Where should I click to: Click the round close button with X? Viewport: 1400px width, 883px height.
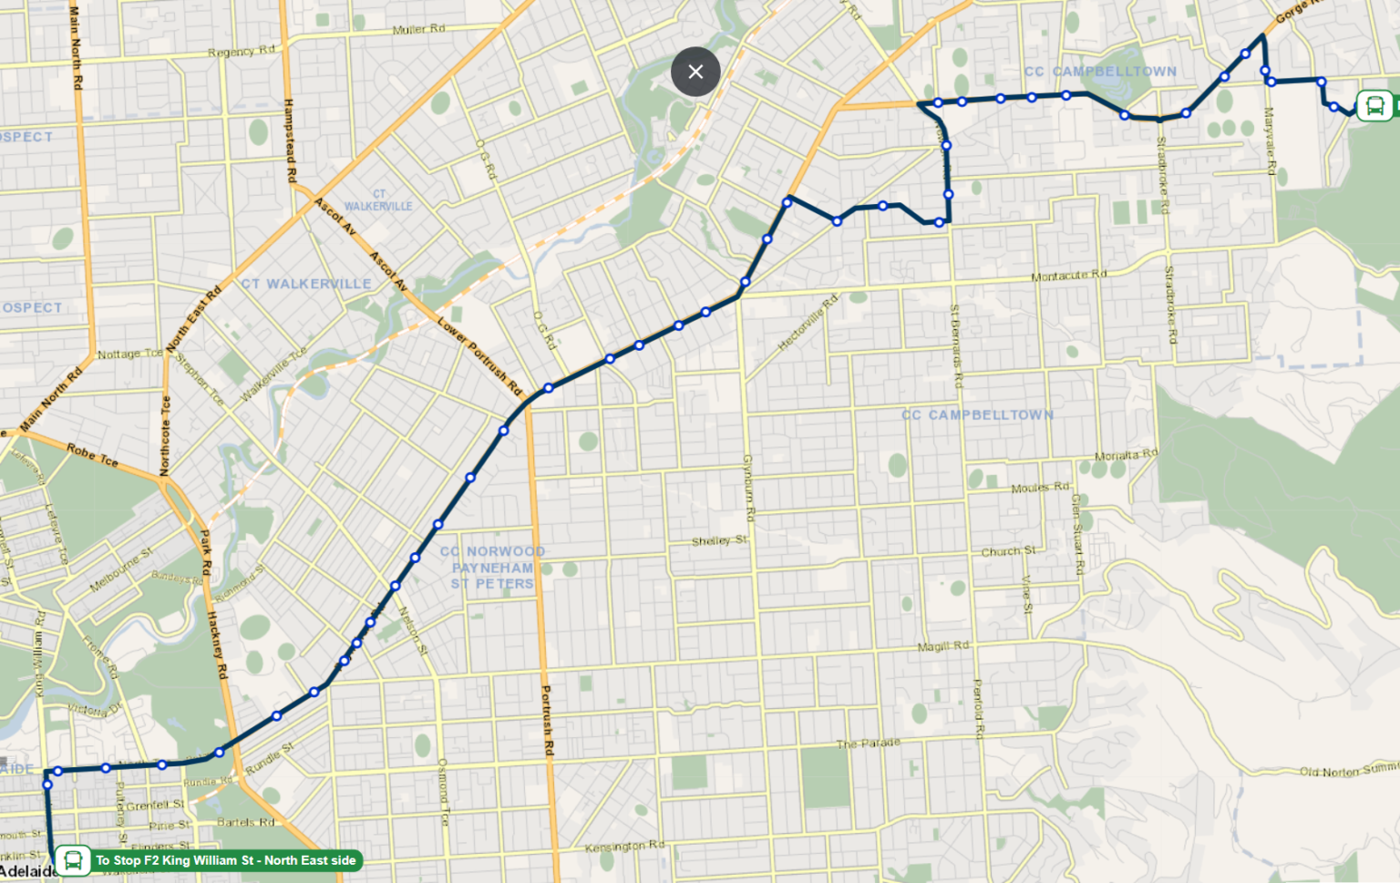[695, 71]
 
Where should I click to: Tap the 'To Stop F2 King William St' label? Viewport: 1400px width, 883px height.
[225, 860]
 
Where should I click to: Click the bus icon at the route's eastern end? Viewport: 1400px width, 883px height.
[1374, 106]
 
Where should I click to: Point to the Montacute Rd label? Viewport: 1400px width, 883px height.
[1068, 275]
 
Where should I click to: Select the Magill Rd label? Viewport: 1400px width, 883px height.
[942, 646]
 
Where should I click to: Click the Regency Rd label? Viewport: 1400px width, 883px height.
[241, 51]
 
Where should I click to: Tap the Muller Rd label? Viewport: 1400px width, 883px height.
[418, 29]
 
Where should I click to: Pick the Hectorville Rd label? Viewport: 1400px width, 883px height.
[807, 323]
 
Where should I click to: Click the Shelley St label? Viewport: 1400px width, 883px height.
[718, 540]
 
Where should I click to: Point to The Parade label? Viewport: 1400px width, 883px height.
[868, 744]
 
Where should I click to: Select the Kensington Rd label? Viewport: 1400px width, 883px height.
[624, 847]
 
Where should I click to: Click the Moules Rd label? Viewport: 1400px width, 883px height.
[1040, 488]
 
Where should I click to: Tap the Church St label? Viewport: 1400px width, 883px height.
[1007, 551]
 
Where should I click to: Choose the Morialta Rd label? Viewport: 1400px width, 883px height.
[1125, 455]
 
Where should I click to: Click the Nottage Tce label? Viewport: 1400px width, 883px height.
[129, 354]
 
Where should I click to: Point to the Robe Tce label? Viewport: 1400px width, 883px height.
[92, 454]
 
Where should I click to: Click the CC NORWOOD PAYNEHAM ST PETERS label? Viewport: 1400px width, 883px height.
[492, 568]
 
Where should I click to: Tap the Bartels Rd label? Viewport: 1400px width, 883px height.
[245, 822]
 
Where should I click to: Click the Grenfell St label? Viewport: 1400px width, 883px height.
[154, 806]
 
